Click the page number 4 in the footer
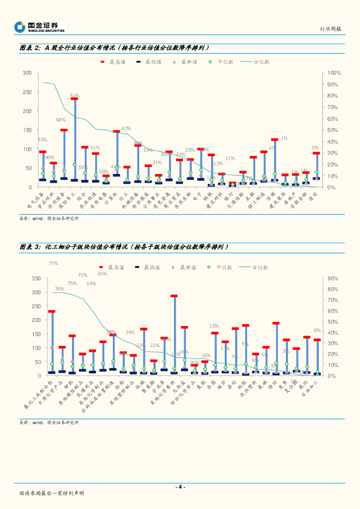tap(180, 487)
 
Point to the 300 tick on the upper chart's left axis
tap(27, 73)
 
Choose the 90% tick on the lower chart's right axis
tap(333, 278)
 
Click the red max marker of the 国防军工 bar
tap(74, 99)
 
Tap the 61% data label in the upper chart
tap(75, 95)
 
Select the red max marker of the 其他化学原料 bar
tap(174, 296)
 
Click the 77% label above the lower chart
tap(54, 263)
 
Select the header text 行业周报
tap(331, 29)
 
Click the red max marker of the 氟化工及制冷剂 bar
tap(52, 312)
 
